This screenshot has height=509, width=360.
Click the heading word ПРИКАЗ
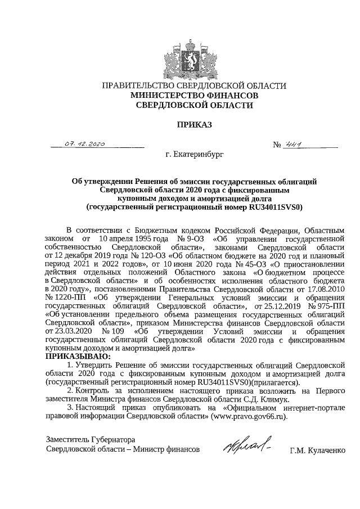coord(194,124)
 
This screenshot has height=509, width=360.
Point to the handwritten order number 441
coord(292,144)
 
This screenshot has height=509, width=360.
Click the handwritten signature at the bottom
coord(246,447)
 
